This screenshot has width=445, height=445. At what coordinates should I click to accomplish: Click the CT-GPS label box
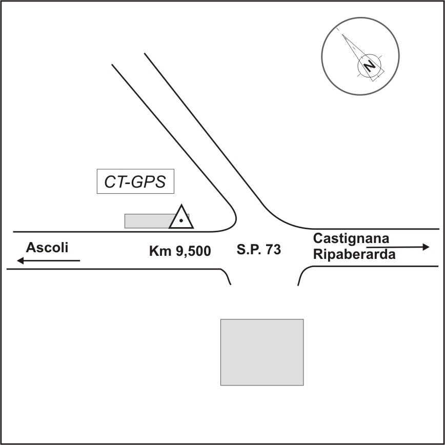(x=135, y=181)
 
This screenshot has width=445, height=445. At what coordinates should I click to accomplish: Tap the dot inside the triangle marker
(x=181, y=220)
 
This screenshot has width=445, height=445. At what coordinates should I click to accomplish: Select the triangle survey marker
(x=181, y=218)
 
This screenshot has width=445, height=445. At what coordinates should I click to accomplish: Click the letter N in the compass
(x=369, y=65)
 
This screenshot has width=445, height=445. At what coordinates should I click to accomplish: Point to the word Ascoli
(x=47, y=248)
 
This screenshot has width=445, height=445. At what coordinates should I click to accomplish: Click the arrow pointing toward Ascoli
(x=48, y=261)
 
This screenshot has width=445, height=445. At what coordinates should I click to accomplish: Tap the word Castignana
(x=351, y=238)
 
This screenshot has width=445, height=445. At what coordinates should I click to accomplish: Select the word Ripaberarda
(x=354, y=254)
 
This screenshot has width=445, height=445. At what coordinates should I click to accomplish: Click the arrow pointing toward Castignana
(x=398, y=247)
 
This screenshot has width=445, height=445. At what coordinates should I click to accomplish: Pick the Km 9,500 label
(x=180, y=251)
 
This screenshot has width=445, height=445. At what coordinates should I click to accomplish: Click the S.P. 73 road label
(x=259, y=250)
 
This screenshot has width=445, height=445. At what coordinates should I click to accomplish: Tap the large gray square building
(x=262, y=352)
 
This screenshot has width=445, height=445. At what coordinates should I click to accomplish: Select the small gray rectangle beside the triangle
(x=149, y=221)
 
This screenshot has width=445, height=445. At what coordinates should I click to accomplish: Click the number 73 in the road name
(x=273, y=250)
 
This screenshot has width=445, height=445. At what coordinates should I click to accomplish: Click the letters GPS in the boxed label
(x=150, y=182)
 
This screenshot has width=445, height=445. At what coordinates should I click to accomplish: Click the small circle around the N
(x=369, y=65)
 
